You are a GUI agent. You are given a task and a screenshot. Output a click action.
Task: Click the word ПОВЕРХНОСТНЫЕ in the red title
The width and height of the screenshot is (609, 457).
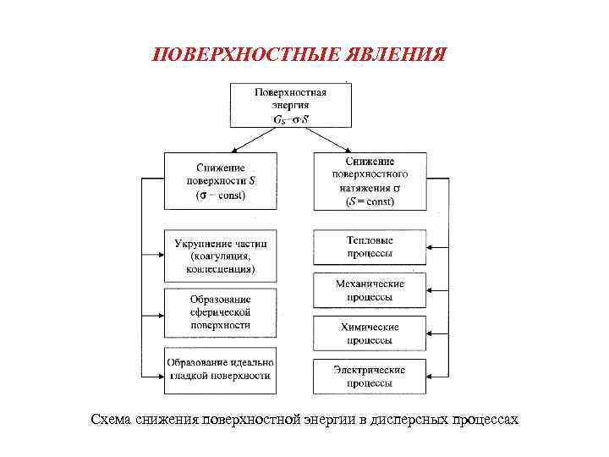point(245,55)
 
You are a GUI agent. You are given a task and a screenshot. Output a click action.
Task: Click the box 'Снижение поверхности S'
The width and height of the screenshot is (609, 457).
point(221,180)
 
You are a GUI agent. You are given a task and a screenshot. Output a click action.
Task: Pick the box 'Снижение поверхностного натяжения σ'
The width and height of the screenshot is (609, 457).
point(370,180)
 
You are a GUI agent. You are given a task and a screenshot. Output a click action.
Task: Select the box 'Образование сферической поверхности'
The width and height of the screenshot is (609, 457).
point(221,312)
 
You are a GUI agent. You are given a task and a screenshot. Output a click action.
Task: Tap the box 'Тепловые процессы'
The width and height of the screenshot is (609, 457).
point(370,247)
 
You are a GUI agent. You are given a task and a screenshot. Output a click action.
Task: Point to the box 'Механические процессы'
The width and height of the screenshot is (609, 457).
point(370,290)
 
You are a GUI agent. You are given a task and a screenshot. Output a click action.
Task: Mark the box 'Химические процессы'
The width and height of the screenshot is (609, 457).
point(370,333)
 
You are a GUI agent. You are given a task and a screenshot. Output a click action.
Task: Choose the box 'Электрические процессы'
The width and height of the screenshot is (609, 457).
point(370,376)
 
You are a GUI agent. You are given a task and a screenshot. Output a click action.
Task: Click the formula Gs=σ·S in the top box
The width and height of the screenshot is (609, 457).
point(290,119)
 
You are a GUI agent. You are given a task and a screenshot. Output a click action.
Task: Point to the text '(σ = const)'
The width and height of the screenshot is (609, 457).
point(221,195)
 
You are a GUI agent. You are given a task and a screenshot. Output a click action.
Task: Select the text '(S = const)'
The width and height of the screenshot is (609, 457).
point(370,201)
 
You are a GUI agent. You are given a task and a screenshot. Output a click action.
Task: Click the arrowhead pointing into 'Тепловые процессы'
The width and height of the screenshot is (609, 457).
point(431,247)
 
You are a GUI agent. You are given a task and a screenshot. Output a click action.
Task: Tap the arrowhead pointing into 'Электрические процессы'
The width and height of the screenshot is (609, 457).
point(431,376)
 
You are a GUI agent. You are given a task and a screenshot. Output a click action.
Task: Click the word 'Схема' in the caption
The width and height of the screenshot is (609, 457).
point(112,420)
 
